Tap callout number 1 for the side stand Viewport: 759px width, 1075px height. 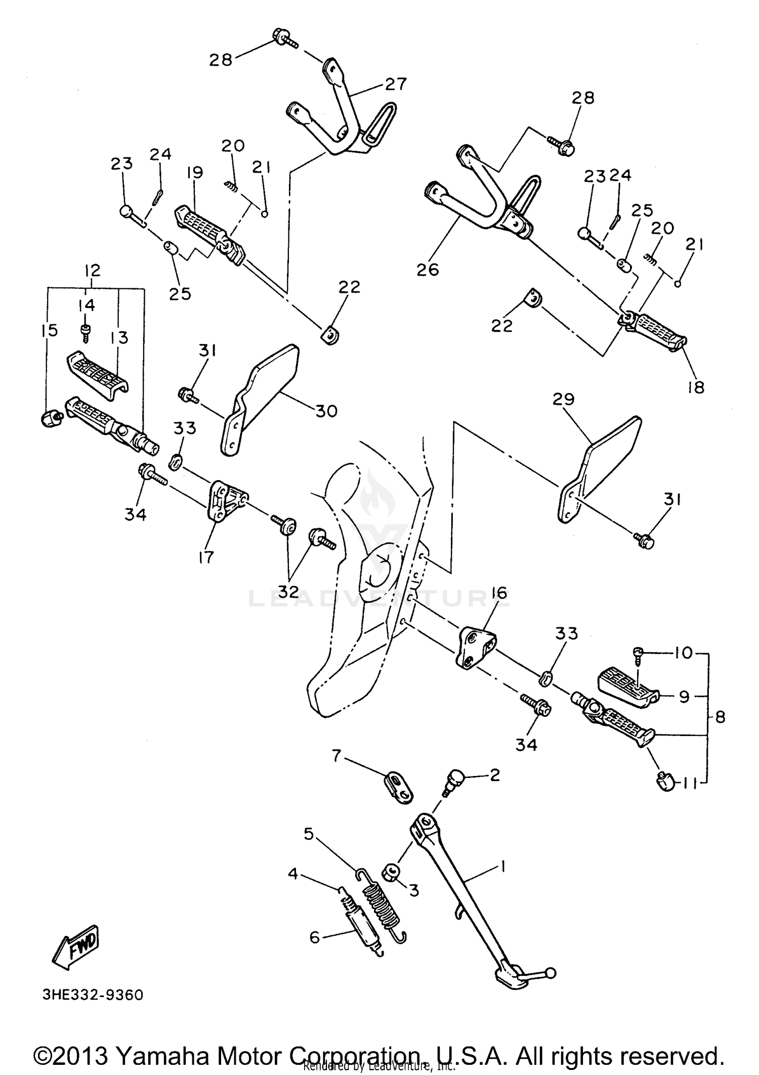click(x=502, y=867)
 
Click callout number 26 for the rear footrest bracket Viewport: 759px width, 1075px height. click(x=428, y=270)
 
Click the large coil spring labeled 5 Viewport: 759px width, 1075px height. click(x=382, y=903)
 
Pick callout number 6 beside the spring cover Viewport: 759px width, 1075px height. click(x=315, y=937)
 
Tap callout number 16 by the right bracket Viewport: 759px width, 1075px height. click(x=499, y=592)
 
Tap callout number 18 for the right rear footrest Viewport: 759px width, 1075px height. click(x=697, y=388)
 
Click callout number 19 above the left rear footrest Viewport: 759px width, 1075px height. click(x=194, y=173)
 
